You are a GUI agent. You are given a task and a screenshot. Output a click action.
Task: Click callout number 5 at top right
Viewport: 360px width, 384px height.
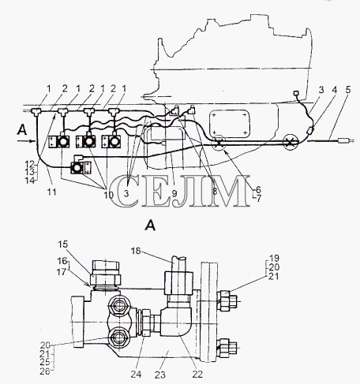(348, 90)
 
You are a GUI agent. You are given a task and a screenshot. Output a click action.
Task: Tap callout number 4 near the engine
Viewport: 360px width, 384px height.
(334, 90)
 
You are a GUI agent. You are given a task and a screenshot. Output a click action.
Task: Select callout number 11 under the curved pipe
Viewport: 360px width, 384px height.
(52, 192)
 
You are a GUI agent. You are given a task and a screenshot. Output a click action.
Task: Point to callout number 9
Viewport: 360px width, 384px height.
(174, 193)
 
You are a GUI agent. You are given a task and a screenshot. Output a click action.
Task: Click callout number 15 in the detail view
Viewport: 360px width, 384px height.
(63, 244)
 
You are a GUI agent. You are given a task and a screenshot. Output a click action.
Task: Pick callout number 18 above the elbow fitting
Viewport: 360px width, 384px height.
(136, 251)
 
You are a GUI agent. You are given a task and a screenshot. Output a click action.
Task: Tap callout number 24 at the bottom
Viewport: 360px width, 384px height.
(136, 374)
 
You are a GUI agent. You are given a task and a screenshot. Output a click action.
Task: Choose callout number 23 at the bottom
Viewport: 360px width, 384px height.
(159, 375)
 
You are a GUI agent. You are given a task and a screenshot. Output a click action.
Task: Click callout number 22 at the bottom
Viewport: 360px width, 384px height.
(197, 374)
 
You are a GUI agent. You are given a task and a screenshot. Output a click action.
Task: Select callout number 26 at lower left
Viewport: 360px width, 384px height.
(45, 371)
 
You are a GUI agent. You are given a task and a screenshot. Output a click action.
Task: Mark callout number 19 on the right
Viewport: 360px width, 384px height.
(273, 258)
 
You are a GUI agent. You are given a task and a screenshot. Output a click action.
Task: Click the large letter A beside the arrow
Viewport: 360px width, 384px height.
(22, 130)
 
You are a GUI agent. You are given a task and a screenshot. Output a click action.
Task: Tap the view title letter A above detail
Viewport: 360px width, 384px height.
(150, 226)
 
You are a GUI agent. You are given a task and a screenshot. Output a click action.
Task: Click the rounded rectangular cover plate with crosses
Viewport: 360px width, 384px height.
(230, 123)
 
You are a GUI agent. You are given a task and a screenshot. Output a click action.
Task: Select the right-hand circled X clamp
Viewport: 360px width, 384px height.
(291, 142)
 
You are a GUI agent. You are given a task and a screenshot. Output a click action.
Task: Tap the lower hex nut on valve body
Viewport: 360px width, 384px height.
(119, 337)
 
